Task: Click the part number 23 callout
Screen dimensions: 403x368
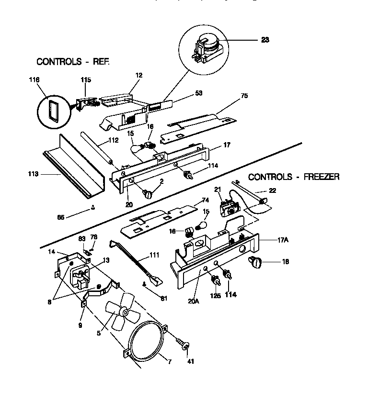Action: (265, 40)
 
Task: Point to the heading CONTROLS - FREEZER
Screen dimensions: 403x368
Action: (294, 177)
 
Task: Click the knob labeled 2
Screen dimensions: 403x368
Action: (148, 194)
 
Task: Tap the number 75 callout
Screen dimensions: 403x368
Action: (244, 96)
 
